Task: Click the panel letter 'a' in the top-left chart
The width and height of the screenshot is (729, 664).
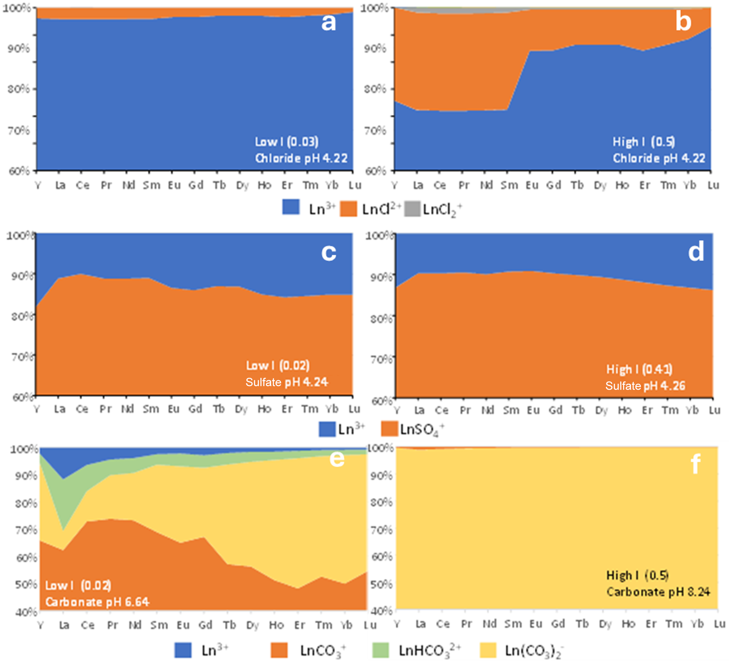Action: pyautogui.click(x=328, y=23)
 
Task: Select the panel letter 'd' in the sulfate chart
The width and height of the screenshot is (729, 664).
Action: pyautogui.click(x=696, y=252)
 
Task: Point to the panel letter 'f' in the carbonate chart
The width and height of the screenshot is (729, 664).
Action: pyautogui.click(x=695, y=464)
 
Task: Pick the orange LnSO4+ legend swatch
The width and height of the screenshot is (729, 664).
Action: pyautogui.click(x=389, y=429)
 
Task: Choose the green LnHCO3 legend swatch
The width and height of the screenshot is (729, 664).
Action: pyautogui.click(x=380, y=650)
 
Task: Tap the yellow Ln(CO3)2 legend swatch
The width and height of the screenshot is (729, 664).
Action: pyautogui.click(x=488, y=650)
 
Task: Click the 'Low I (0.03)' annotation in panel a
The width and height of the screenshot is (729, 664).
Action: pyautogui.click(x=286, y=142)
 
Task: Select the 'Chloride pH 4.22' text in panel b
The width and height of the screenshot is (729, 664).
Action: pyautogui.click(x=659, y=158)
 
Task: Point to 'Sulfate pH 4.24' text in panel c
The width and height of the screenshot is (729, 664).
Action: pyautogui.click(x=286, y=382)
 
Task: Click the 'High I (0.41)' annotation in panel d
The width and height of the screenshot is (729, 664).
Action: pyautogui.click(x=639, y=369)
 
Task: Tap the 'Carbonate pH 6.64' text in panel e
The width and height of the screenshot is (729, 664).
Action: pyautogui.click(x=97, y=602)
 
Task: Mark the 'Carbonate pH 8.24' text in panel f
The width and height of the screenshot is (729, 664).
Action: pyautogui.click(x=658, y=592)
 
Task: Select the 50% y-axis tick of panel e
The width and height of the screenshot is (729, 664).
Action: pyautogui.click(x=26, y=585)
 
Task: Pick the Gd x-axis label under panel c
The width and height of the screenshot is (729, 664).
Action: pyautogui.click(x=195, y=409)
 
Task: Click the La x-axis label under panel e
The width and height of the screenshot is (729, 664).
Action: pyautogui.click(x=64, y=625)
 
